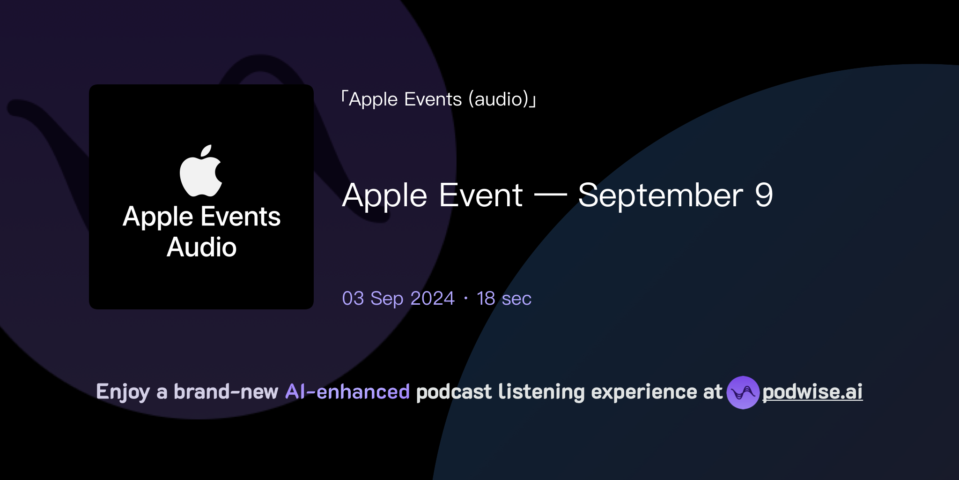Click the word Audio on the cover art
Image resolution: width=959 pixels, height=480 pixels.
click(201, 247)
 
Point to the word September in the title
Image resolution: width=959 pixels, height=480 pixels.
click(660, 195)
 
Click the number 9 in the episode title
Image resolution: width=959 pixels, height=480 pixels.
click(763, 195)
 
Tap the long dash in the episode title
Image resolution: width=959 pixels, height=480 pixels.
click(550, 195)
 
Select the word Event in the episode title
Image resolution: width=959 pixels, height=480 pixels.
click(481, 195)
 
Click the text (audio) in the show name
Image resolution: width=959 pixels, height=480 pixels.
click(499, 99)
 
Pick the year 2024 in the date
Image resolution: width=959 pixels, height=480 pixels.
click(432, 299)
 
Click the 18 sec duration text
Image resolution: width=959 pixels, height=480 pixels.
click(504, 299)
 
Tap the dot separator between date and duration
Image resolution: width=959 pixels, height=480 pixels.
click(465, 299)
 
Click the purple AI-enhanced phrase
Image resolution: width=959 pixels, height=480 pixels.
click(347, 392)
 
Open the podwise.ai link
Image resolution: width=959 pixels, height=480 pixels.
click(812, 392)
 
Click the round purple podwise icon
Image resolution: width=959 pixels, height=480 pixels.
click(743, 392)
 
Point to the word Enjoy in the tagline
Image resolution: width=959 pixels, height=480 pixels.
click(123, 392)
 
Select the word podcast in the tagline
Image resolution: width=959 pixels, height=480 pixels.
click(454, 392)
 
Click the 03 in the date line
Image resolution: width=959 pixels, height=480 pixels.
click(353, 299)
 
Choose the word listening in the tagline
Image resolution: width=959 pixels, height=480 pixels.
click(541, 392)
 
